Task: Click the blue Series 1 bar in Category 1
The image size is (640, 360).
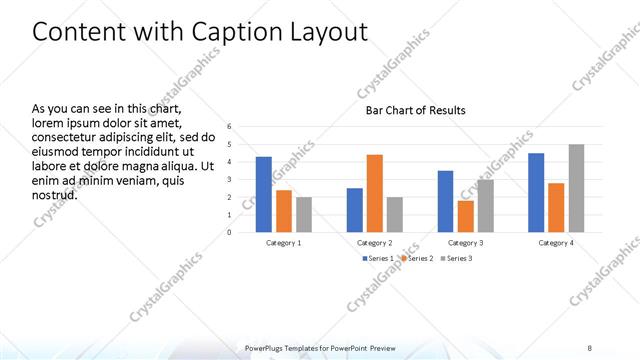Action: (263, 194)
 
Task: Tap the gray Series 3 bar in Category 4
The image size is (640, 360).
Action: (576, 188)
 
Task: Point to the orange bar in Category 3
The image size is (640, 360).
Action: (465, 216)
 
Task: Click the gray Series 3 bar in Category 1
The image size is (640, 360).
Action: (304, 214)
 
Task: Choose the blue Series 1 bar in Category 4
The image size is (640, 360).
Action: (536, 192)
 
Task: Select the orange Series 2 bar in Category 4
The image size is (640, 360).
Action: (556, 207)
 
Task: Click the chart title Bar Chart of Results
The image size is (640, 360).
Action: (414, 110)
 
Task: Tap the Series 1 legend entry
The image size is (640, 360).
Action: (376, 258)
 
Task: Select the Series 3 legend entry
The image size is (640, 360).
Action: (455, 258)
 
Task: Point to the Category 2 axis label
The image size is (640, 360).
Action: (374, 243)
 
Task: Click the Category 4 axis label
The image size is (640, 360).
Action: (556, 243)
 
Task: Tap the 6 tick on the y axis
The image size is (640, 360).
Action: (230, 127)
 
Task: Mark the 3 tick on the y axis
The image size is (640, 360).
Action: (230, 180)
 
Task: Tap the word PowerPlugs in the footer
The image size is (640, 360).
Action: (267, 348)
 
